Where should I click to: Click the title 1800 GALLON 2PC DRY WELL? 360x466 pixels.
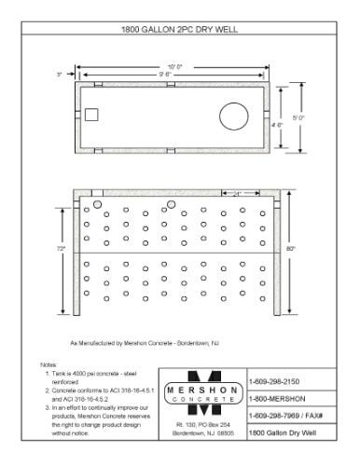180,30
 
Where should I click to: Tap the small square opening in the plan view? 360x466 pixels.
91,116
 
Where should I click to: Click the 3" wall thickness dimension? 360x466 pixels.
59,73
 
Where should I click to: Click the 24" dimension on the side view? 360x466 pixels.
240,193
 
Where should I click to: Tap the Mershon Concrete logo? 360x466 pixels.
203,393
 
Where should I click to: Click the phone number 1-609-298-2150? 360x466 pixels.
271,380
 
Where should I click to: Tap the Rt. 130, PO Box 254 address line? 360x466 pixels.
203,425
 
